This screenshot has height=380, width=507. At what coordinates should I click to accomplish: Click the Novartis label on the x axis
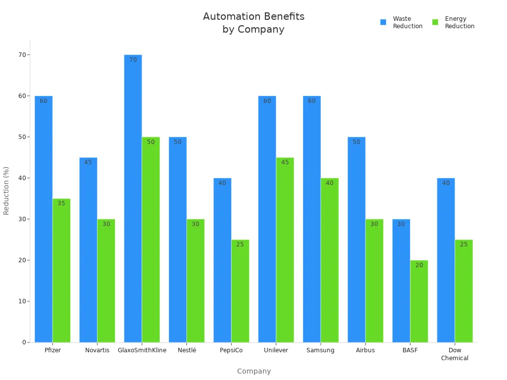click(x=97, y=350)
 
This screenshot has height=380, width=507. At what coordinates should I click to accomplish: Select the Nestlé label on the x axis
click(x=187, y=350)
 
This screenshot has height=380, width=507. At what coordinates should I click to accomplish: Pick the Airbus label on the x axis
click(x=365, y=350)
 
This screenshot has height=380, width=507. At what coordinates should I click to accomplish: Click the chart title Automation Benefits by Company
click(x=253, y=23)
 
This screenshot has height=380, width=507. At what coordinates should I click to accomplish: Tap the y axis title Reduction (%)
click(x=6, y=190)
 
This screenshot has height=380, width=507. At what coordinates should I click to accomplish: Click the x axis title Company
click(x=253, y=371)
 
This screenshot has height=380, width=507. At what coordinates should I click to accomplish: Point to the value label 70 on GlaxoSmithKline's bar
click(x=133, y=60)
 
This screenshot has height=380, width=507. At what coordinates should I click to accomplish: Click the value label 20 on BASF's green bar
click(x=419, y=265)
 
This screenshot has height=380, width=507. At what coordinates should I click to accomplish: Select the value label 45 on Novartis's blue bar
click(x=88, y=162)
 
